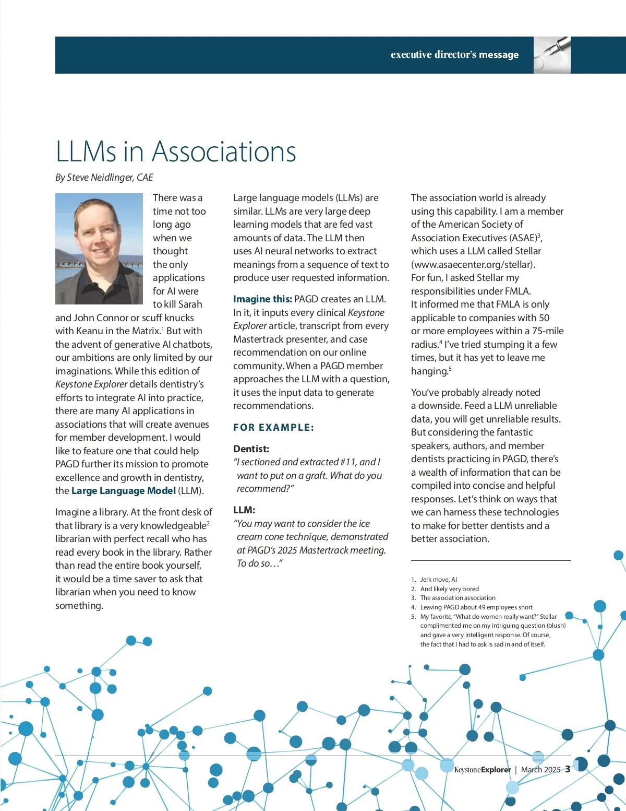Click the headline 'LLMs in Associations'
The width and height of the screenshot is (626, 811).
176,152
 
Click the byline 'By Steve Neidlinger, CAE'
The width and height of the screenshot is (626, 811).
104,178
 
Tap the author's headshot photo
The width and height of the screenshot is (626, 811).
99,249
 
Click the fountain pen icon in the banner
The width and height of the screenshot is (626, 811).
552,55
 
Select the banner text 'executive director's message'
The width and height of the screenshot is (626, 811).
454,55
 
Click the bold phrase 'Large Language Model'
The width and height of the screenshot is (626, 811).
123,491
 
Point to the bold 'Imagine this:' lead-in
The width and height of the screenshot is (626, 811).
262,299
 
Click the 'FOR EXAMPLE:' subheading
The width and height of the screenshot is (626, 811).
273,428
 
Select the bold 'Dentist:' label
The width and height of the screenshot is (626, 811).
251,449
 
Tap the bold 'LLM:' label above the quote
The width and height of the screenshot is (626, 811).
244,510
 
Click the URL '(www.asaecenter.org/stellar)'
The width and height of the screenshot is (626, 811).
473,264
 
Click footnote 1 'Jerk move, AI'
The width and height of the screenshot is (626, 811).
438,580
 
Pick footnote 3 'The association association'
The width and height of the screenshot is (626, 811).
458,598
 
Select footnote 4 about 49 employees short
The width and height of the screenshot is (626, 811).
476,607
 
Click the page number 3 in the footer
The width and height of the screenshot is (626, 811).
568,769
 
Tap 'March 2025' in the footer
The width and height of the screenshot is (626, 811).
540,770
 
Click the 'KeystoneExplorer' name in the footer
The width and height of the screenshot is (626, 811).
483,770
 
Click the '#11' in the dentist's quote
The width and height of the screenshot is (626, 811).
348,462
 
